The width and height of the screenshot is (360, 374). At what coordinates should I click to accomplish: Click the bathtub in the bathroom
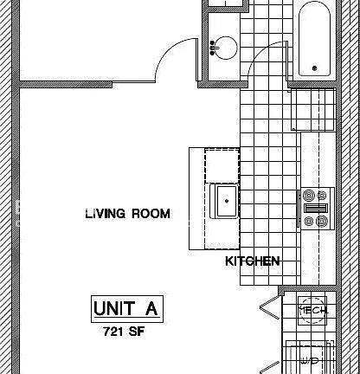click(x=313, y=40)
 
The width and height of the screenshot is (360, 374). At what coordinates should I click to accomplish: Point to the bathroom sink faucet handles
click(x=213, y=46)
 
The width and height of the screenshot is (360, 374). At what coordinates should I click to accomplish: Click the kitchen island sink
click(x=226, y=202)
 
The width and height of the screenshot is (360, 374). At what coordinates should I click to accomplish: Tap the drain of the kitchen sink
click(x=227, y=201)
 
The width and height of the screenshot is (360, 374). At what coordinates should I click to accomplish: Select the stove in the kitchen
click(x=314, y=209)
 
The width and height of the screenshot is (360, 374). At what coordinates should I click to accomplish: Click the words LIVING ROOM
click(x=127, y=213)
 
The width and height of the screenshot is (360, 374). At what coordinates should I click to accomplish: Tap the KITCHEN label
click(x=253, y=261)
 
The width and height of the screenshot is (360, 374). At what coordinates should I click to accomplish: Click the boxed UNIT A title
click(x=127, y=308)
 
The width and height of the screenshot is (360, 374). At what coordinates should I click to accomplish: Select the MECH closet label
click(x=312, y=310)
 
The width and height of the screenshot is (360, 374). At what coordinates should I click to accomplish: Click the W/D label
click(x=310, y=360)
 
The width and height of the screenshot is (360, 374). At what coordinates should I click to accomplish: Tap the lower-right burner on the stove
click(x=322, y=222)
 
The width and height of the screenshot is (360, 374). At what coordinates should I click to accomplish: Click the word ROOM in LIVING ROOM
click(x=151, y=213)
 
